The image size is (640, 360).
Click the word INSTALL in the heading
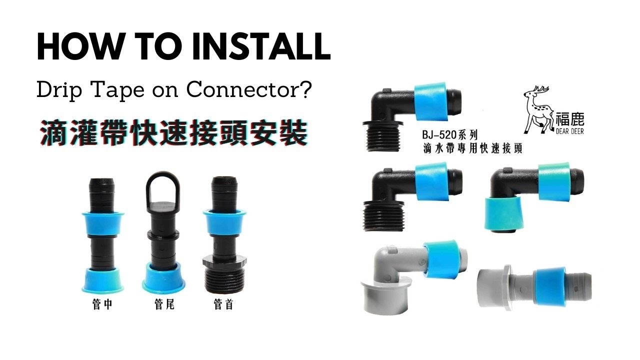tap(261, 46)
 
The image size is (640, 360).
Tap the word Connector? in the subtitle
tap(248, 89)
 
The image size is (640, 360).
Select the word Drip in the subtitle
tap(59, 90)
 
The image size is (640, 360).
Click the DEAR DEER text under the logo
tap(569, 131)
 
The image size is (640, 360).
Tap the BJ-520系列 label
tap(449, 135)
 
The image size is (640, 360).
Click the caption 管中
tap(102, 304)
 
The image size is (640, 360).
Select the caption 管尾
tap(164, 304)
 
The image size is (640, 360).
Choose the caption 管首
tap(223, 304)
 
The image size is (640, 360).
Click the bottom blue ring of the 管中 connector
tap(102, 280)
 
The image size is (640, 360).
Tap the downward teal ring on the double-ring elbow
tap(505, 213)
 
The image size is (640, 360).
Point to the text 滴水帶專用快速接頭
tap(472, 149)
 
